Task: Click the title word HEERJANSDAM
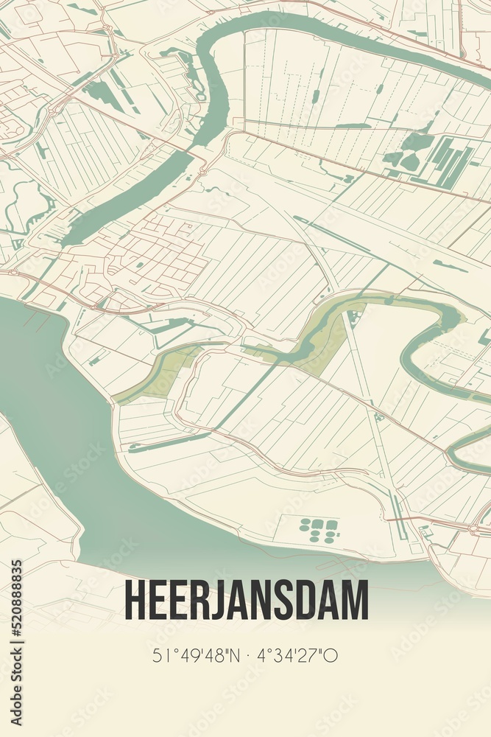(x=247, y=601)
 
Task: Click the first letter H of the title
(x=135, y=601)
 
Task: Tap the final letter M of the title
(x=356, y=601)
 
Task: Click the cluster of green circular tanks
(x=319, y=529)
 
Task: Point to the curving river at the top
(x=221, y=74)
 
